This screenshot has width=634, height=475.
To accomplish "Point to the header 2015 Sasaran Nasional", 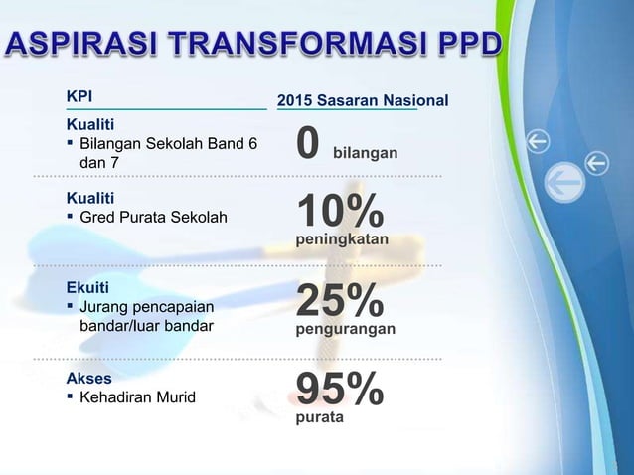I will tap(362, 100).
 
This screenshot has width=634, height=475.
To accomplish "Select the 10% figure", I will tap(340, 212).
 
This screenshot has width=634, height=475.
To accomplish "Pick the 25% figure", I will tap(340, 301).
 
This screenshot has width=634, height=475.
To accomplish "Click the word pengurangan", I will tap(346, 328).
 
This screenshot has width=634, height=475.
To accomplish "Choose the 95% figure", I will tap(340, 390).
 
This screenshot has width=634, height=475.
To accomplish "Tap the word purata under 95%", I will tap(320, 418).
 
